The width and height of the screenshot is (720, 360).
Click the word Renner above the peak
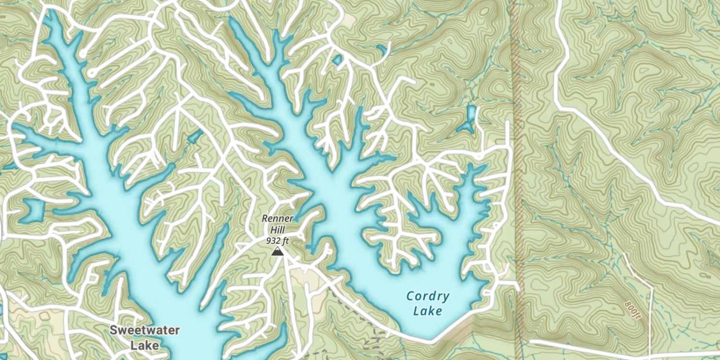[x=277, y=218]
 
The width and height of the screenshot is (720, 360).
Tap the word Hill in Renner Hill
[x=277, y=229]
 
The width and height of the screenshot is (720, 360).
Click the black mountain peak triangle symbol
[x=276, y=252]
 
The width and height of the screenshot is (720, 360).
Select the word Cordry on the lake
[x=428, y=296]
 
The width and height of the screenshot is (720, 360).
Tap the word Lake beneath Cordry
[x=428, y=311]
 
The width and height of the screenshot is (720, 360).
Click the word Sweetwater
[x=144, y=330]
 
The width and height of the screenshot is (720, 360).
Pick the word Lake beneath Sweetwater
[x=144, y=345]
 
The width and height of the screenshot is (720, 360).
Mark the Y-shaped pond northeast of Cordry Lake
[x=469, y=120]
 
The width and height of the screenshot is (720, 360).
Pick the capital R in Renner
[x=264, y=218]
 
